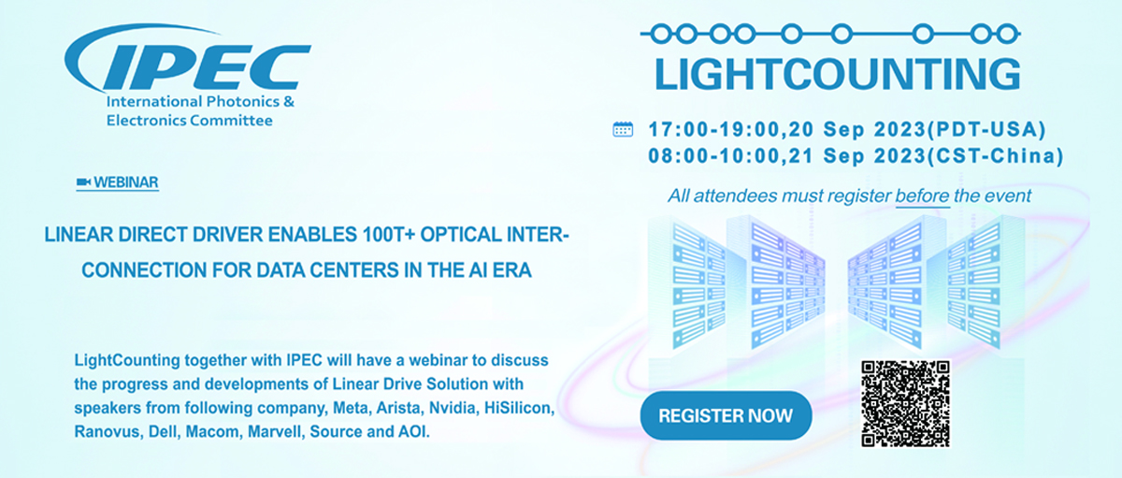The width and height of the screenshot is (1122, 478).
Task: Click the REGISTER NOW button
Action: click(726, 415)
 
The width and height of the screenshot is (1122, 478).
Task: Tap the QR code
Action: click(905, 403)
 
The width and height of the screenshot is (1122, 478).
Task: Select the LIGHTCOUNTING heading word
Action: click(837, 74)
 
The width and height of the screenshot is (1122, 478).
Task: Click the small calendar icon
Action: click(623, 129)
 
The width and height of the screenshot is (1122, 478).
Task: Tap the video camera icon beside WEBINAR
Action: click(83, 181)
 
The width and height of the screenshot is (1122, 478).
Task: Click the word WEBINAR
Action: click(125, 182)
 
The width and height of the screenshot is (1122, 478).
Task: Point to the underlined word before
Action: click(922, 196)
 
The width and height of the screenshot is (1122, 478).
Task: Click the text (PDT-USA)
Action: click(986, 130)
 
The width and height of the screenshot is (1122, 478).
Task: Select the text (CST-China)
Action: click(995, 156)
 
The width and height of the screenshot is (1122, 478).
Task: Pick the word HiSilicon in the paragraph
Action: click(519, 408)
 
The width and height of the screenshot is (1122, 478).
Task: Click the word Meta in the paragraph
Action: click(351, 408)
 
